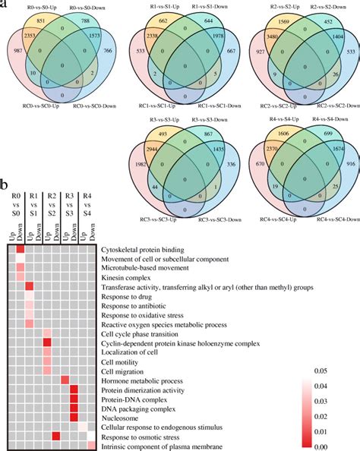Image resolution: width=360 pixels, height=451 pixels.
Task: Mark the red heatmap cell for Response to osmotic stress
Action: tap(56, 436)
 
